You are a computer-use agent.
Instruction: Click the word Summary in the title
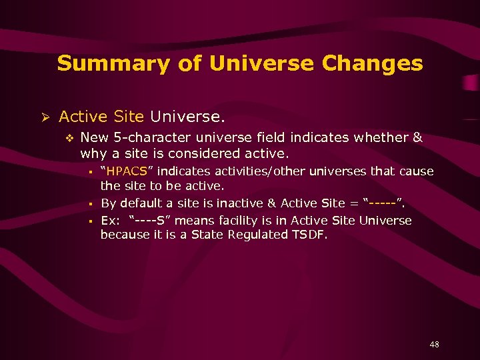pyautogui.click(x=96, y=64)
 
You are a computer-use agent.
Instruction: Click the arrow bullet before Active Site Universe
pyautogui.click(x=46, y=117)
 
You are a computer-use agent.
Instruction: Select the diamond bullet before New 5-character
pyautogui.click(x=68, y=138)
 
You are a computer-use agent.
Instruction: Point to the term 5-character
pyautogui.click(x=146, y=137)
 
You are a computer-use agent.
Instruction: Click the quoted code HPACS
pyautogui.click(x=127, y=171)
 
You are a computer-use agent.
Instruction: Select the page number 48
pyautogui.click(x=434, y=345)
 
